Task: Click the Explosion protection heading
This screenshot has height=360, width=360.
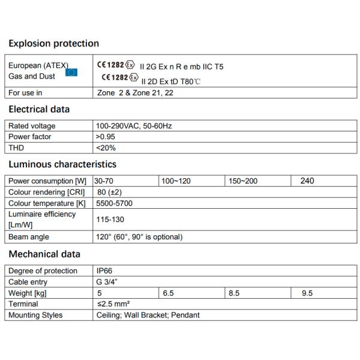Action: [x=53, y=43]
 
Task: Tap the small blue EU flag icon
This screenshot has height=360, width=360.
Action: [x=71, y=73]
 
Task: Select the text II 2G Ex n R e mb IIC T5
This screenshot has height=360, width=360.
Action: [x=181, y=67]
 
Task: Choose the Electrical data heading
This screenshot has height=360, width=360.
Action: [x=39, y=109]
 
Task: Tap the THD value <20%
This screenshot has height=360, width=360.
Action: [x=106, y=148]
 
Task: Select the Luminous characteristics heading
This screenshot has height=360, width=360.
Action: [x=62, y=164]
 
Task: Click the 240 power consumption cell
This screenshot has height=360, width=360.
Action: [x=307, y=181]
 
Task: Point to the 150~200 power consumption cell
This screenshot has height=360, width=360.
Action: [x=242, y=181]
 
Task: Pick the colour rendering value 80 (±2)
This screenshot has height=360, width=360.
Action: [x=110, y=192]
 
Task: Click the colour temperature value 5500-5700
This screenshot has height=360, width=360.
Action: [x=115, y=203]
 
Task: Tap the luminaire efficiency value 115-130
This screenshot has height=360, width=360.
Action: [x=110, y=220]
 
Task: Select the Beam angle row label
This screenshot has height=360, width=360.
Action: [x=29, y=236]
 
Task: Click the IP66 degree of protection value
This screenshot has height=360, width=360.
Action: [x=104, y=271]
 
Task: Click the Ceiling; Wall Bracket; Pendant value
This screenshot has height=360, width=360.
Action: [x=148, y=315]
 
